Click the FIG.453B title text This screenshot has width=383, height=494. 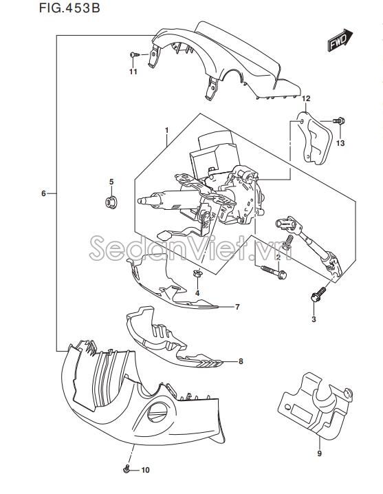tap(69, 8)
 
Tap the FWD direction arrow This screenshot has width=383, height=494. tap(340, 40)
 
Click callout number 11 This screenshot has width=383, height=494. tap(133, 72)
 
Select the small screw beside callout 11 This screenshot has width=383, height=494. tap(135, 55)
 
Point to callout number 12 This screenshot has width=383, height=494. tap(306, 98)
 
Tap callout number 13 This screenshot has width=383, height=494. tap(340, 143)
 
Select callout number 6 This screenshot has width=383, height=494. tap(43, 193)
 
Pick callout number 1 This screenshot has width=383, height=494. tap(167, 130)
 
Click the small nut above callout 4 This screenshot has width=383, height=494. tap(197, 274)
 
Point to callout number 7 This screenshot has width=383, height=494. tap(237, 307)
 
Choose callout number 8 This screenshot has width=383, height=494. tap(241, 361)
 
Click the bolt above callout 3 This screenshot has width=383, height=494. tap(318, 294)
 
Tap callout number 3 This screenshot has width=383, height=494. tap(314, 319)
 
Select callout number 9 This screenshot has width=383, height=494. tap(319, 453)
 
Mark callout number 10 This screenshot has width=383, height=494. tap(145, 470)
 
